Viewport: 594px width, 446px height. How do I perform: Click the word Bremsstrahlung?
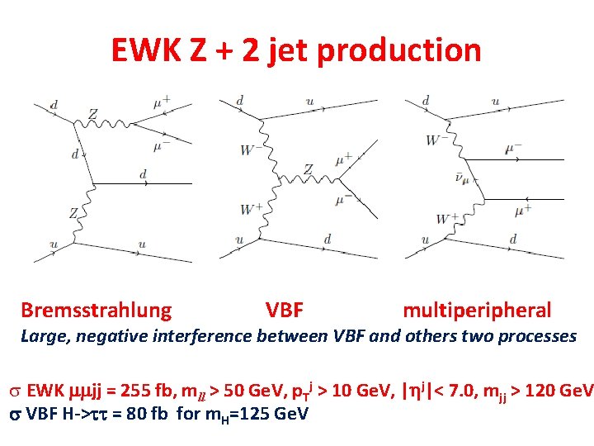tap(96, 311)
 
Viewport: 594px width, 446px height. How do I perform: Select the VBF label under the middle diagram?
tap(285, 311)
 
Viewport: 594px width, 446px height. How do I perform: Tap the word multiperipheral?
tap(477, 311)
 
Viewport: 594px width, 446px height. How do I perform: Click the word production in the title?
tap(398, 50)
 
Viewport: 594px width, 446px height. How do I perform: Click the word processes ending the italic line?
tap(540, 336)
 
